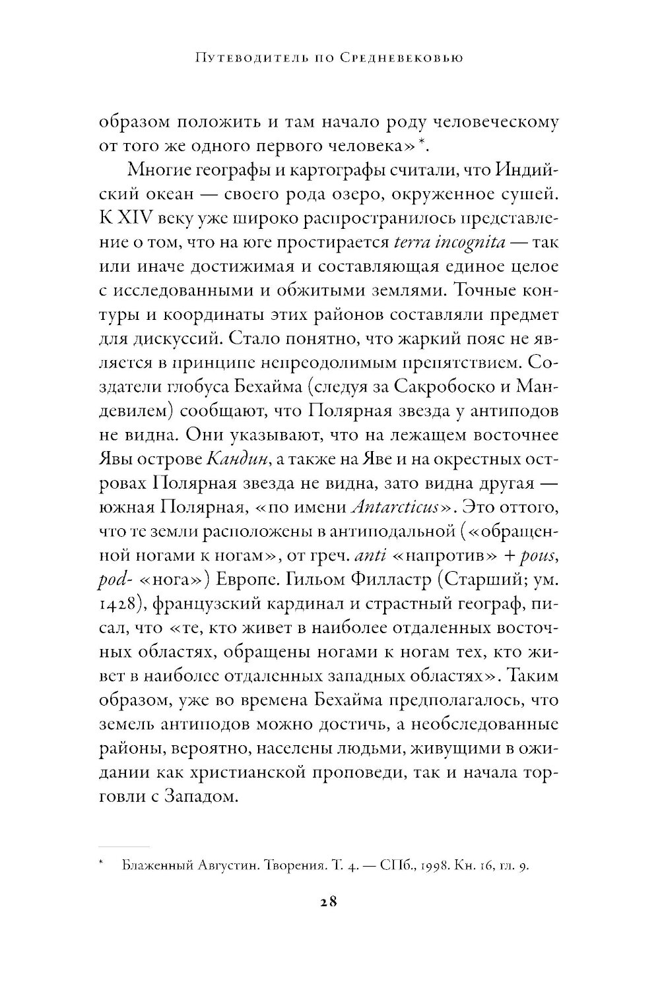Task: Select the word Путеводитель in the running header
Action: [236, 59]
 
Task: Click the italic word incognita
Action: [469, 243]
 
